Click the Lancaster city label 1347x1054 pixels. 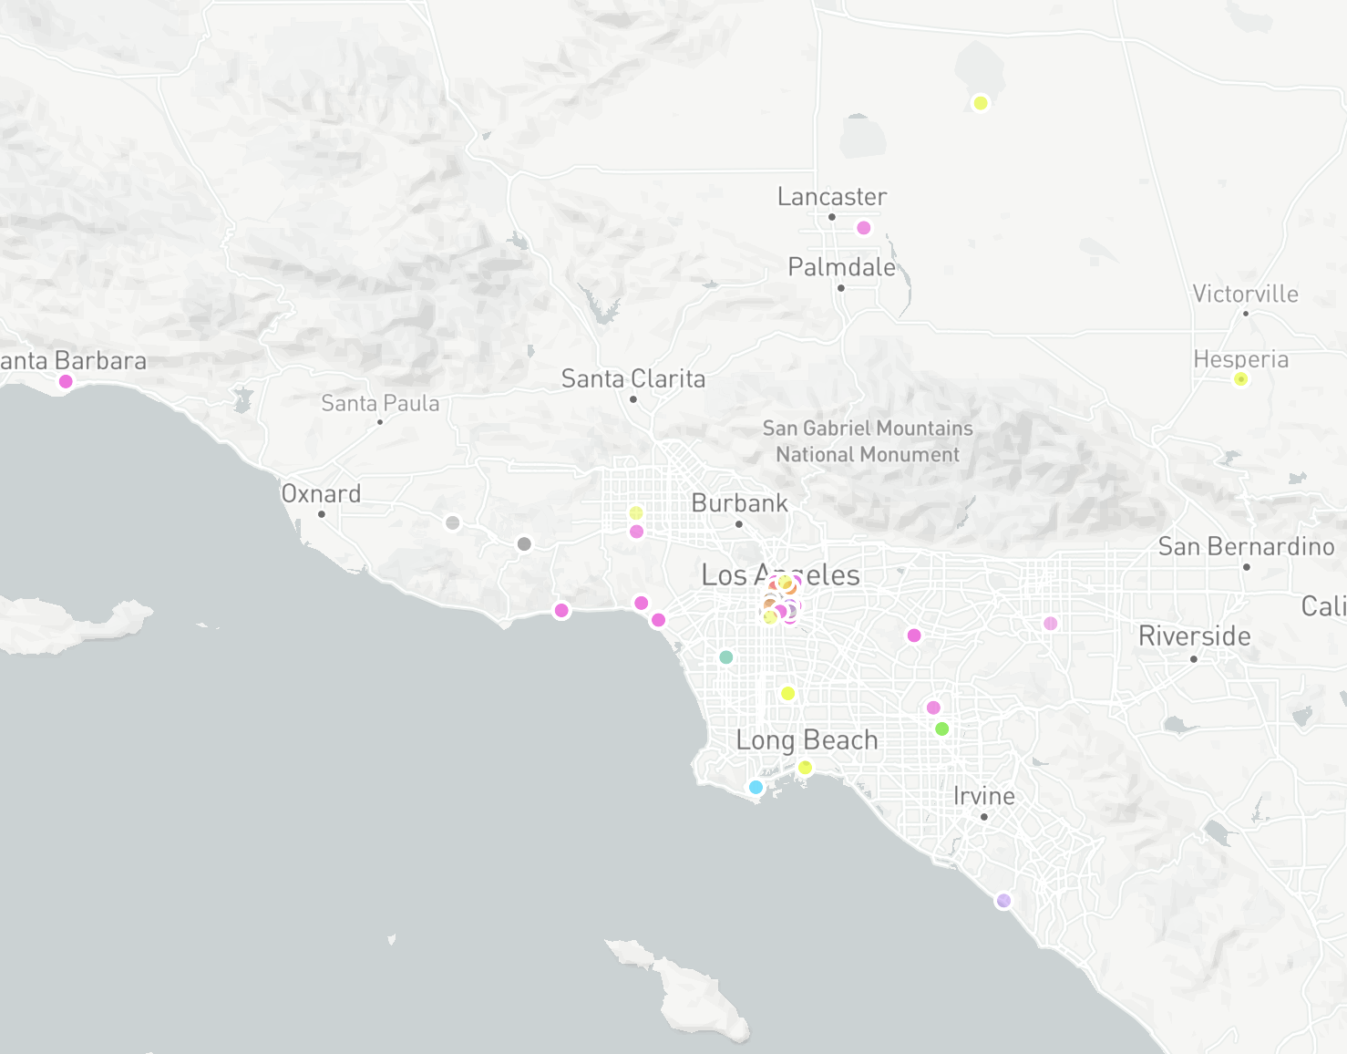831,197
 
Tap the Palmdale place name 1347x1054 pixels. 841,267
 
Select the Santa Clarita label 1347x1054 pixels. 633,378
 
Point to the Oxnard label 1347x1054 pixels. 321,494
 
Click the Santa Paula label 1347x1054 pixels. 380,403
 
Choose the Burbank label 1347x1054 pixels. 739,503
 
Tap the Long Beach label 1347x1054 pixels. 807,740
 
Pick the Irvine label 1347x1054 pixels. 983,796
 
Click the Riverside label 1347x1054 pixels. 1194,636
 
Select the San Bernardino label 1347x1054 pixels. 1246,547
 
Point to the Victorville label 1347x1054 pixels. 1245,294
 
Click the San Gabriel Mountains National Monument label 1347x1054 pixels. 867,441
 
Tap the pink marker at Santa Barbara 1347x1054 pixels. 66,381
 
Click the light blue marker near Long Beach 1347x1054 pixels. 756,787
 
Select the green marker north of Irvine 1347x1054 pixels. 942,728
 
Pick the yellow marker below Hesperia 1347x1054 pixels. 1240,379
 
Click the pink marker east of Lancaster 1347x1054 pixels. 864,228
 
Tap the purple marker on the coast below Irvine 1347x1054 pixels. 1003,901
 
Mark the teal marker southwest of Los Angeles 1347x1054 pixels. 726,657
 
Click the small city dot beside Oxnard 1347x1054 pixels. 321,514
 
